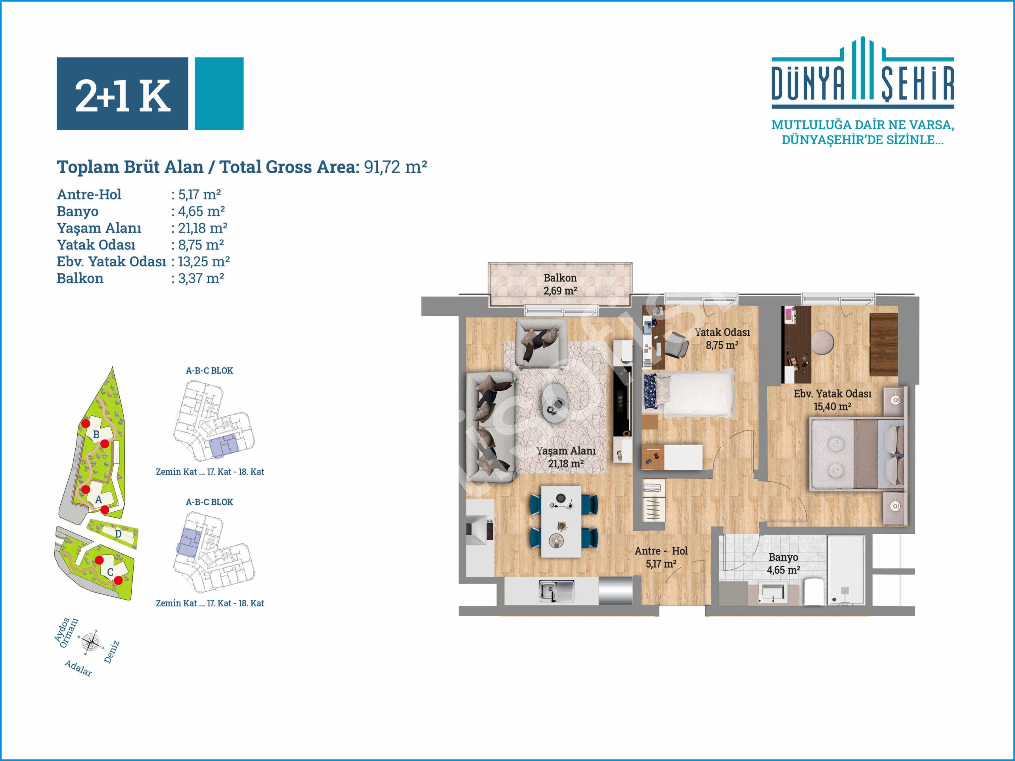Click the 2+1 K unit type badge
pos(149,94)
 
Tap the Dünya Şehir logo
pos(863,73)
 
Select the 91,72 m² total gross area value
pos(396,167)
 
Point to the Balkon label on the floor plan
pos(560,278)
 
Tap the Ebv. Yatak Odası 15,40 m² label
pos(832,400)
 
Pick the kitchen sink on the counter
pos(556,591)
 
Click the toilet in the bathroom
pos(815,592)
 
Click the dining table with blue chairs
pos(561,522)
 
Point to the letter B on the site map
pos(96,434)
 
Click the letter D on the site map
pos(118,534)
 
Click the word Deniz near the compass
pos(111,652)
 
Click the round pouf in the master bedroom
pos(823,342)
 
